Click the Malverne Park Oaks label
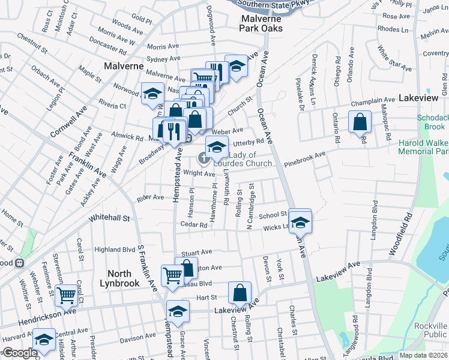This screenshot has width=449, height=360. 262,23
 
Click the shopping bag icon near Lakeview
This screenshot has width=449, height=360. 359,121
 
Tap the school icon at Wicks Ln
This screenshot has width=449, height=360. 300,222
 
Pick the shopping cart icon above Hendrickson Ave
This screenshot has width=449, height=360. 66,295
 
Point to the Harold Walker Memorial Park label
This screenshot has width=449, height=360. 423,146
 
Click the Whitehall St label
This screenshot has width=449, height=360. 109,219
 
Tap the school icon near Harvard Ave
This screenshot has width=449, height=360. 43,339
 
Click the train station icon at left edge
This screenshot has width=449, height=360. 19,263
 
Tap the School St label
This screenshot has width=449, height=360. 273,215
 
